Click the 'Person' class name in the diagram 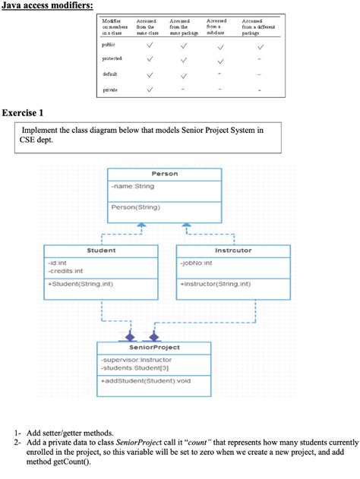pos(165,174)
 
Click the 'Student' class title pos(101,250)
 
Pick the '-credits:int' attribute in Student pos(66,270)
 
